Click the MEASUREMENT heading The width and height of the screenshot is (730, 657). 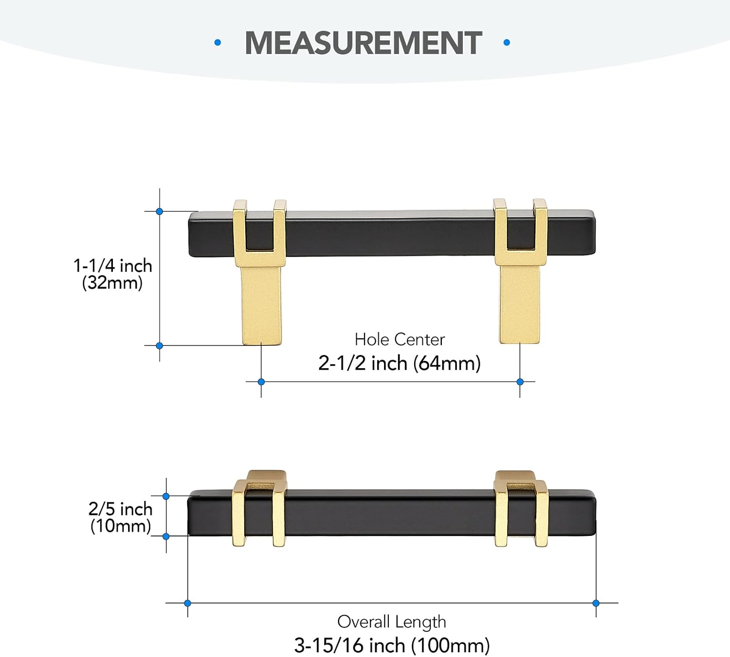364,43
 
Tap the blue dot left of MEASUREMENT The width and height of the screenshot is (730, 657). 218,43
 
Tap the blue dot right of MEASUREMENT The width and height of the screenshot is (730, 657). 507,43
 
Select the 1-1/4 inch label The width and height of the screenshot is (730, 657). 113,266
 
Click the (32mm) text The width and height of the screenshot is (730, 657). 112,283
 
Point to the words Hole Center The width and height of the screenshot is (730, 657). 400,339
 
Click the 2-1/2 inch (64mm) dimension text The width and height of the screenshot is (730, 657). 400,363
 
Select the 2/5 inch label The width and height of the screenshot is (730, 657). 121,509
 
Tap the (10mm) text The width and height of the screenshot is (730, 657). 121,526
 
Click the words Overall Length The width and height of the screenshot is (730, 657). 392,621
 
